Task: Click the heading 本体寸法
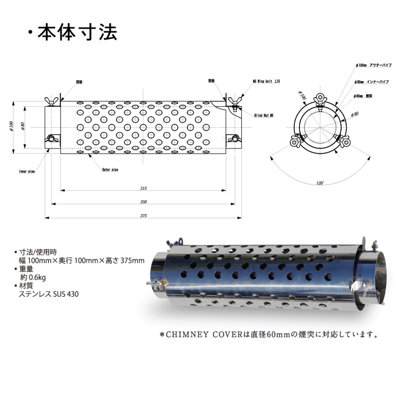point(77,33)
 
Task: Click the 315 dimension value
point(143,188)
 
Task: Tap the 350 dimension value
point(143,202)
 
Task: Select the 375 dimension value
point(143,216)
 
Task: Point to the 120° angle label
point(320,183)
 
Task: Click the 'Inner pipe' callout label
point(27,171)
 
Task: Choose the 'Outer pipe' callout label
point(110,170)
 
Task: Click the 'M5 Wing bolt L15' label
point(266,81)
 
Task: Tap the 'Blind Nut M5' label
point(264,116)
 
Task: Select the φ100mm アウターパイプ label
point(374,65)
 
